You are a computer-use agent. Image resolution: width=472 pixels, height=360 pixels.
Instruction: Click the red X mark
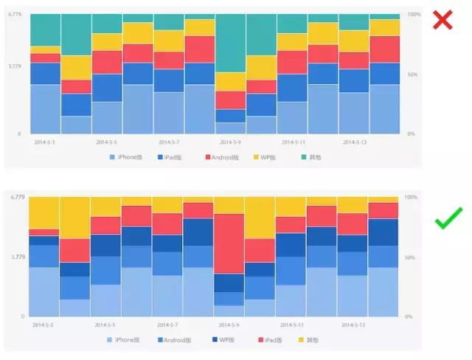pos(442,20)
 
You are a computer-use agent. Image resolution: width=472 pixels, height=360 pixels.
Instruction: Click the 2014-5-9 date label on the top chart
pos(230,141)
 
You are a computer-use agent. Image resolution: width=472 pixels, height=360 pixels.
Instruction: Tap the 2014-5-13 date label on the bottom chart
pos(355,324)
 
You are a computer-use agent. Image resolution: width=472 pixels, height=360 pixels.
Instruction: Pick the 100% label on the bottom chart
pos(413,198)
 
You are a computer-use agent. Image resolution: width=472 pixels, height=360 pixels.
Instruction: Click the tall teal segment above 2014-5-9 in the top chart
pos(230,43)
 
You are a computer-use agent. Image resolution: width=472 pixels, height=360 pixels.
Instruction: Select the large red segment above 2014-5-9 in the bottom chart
pos(230,243)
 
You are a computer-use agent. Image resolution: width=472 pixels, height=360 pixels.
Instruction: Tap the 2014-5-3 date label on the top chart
pos(45,141)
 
